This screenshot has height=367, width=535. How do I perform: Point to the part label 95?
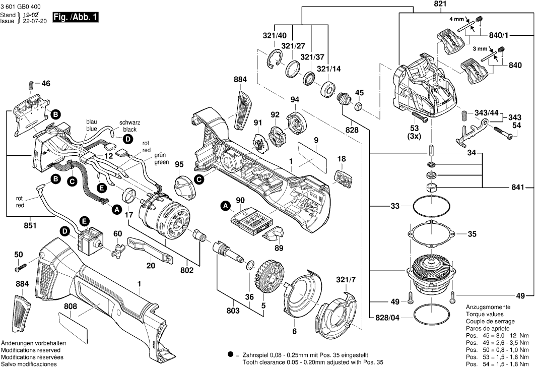[179, 164]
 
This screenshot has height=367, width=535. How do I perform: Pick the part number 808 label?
[71, 305]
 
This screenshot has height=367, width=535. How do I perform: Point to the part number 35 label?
[472, 234]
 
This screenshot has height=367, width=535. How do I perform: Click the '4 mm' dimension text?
[458, 19]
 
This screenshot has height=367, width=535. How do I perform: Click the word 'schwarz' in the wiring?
[129, 123]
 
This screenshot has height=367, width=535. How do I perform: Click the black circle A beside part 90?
[225, 205]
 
